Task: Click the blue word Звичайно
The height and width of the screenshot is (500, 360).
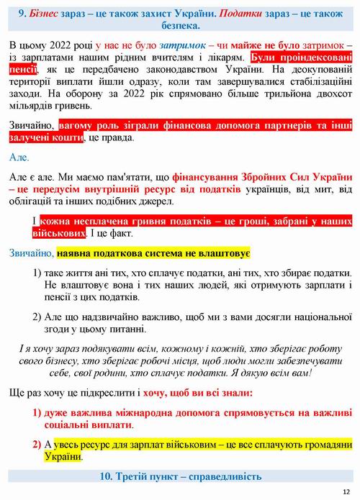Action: (32, 254)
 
